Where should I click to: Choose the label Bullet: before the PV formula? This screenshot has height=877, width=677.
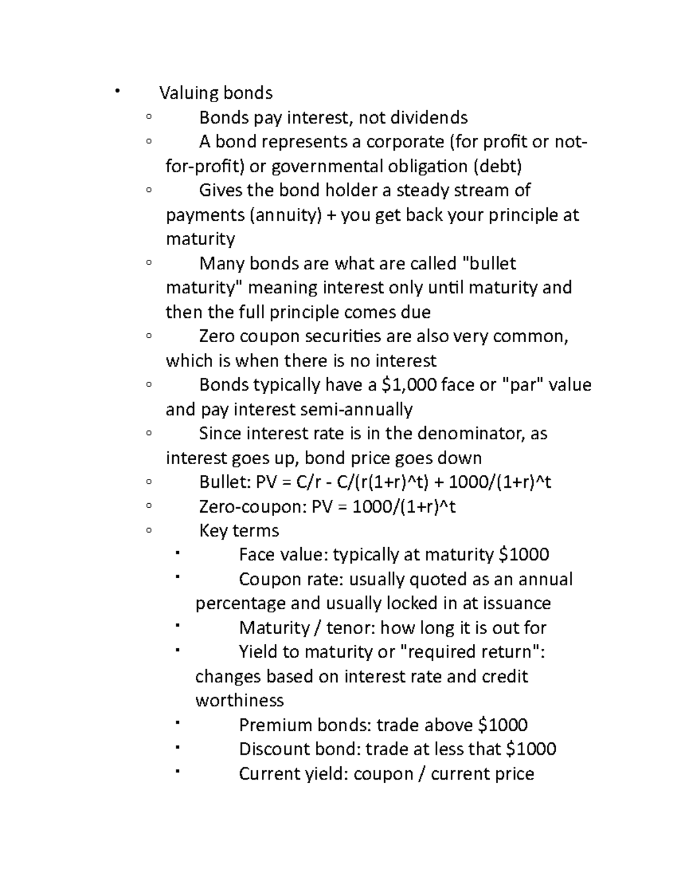point(225,482)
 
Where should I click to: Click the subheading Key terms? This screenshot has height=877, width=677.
point(239,531)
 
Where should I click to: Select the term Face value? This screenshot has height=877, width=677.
point(283,555)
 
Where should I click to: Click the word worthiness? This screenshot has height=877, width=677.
point(239,701)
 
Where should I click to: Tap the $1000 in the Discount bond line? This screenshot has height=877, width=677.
point(531,749)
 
